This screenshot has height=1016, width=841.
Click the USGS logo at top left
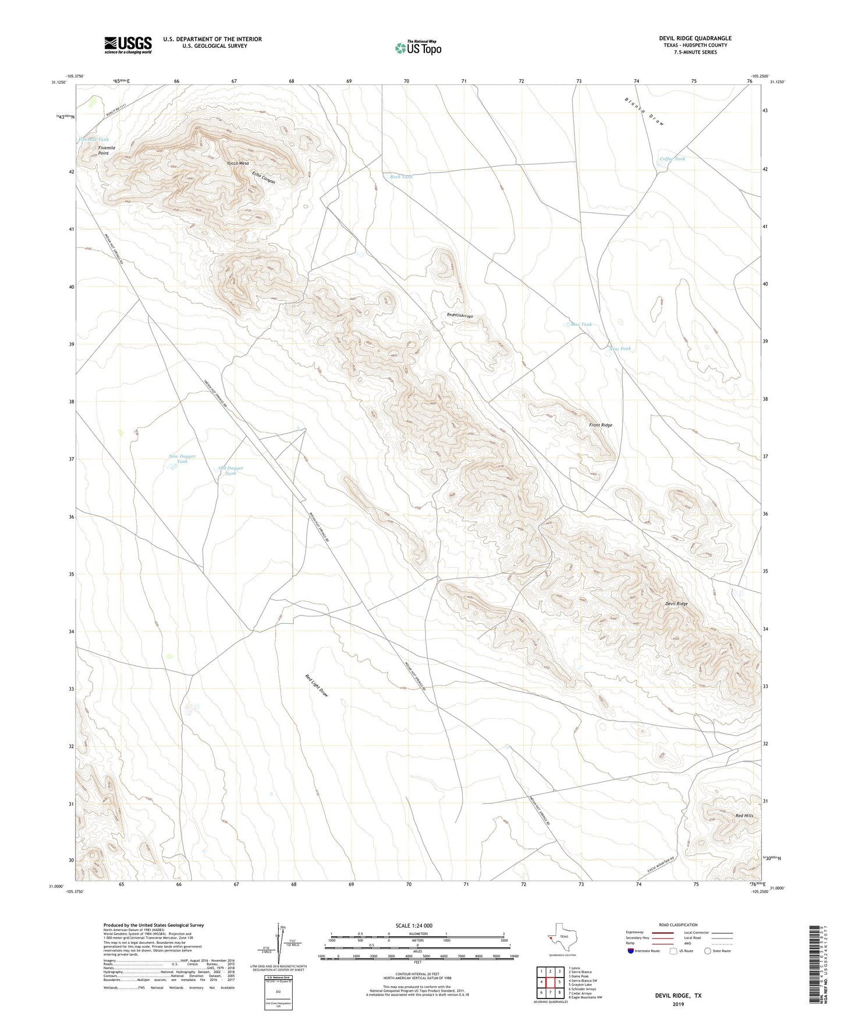(x=128, y=45)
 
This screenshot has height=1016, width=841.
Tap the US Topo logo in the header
(x=418, y=48)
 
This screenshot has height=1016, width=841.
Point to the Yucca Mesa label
(x=238, y=164)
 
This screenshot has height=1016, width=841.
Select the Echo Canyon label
(x=264, y=177)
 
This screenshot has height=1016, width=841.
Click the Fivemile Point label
(x=107, y=151)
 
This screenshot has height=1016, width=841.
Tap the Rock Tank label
(x=401, y=176)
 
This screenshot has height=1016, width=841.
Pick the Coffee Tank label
(x=672, y=159)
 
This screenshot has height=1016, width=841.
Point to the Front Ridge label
(x=600, y=425)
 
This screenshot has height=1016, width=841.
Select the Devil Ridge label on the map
(x=676, y=604)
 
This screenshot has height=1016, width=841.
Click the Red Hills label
(x=744, y=816)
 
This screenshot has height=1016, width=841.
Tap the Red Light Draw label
(x=317, y=686)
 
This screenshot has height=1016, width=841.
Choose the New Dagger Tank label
(x=182, y=459)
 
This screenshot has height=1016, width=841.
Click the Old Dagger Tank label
(x=230, y=471)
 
